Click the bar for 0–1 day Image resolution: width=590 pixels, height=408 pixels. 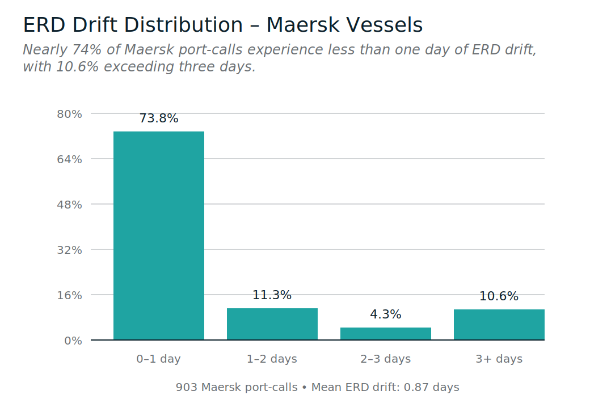[x=159, y=236]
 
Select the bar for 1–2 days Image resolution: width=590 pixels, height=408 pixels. [x=272, y=324]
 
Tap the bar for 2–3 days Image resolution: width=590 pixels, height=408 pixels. [x=386, y=334]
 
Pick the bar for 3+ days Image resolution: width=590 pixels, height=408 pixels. [x=499, y=325]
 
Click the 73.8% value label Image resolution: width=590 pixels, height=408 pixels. [x=159, y=118]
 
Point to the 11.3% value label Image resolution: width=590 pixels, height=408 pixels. [x=272, y=295]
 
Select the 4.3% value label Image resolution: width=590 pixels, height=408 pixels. [x=386, y=314]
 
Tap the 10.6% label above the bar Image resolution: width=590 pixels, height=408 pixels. [x=499, y=296]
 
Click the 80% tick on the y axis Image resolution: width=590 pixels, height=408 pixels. [x=70, y=114]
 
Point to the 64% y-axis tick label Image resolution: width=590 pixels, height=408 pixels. [x=70, y=159]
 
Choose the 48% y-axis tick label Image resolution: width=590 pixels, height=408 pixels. [x=70, y=205]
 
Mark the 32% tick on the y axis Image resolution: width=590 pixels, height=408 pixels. [x=70, y=250]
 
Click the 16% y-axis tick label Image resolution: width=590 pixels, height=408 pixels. [x=70, y=295]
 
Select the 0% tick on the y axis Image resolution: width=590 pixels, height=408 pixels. [x=73, y=341]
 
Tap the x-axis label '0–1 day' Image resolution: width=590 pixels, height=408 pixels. [x=159, y=359]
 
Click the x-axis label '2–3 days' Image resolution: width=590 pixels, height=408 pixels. [x=386, y=359]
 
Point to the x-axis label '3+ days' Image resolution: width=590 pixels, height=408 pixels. [x=499, y=359]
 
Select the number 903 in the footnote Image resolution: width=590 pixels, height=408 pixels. [x=187, y=388]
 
